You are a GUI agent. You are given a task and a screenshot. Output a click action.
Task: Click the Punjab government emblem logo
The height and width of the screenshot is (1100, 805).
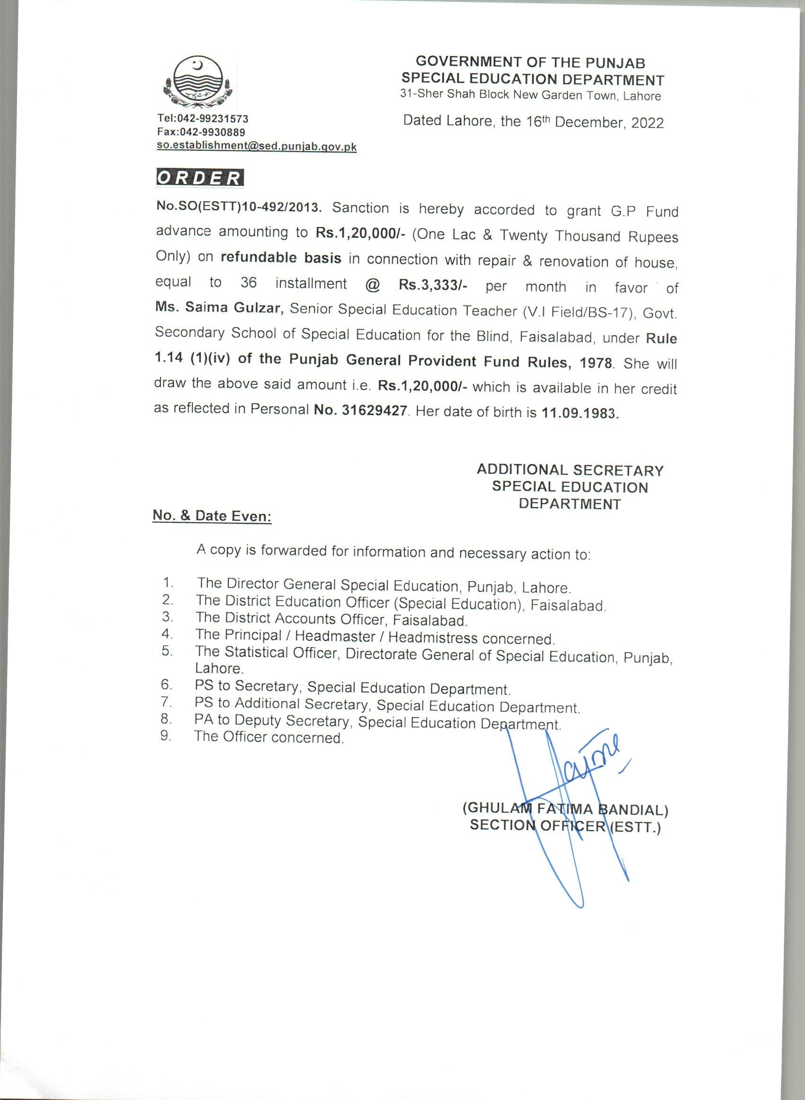(x=198, y=82)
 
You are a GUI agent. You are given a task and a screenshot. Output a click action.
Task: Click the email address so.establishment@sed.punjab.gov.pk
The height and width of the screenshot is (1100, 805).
(x=256, y=146)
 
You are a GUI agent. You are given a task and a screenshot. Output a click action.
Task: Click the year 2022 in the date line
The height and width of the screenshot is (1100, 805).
(x=647, y=122)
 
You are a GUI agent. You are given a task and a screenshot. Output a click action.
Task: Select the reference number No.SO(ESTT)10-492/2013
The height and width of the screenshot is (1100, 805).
(x=239, y=207)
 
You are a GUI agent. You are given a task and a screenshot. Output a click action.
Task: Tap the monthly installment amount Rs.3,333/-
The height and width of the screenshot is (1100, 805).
(x=433, y=285)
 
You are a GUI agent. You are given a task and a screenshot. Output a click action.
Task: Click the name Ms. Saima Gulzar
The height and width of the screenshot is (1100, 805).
(x=219, y=308)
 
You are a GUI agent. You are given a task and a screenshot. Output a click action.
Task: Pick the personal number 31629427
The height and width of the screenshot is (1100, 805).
(x=374, y=410)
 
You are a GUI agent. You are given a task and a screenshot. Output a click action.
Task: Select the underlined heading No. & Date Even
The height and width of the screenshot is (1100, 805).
(x=212, y=515)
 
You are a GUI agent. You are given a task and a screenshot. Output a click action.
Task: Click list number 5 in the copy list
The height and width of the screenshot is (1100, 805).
(x=167, y=651)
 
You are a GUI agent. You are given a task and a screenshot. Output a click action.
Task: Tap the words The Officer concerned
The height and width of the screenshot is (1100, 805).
(x=269, y=737)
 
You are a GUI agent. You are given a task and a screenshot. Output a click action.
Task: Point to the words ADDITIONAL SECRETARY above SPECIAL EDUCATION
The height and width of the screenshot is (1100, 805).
(x=570, y=470)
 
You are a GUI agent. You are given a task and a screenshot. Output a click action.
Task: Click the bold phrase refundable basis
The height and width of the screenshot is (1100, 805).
(x=281, y=258)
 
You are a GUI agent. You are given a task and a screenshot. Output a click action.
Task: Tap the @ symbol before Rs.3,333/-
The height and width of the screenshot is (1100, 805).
(x=372, y=285)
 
